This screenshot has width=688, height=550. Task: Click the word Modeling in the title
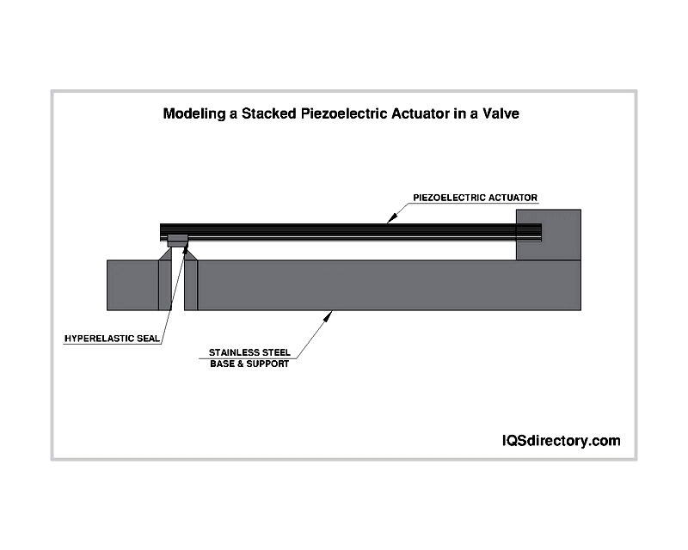click(x=193, y=114)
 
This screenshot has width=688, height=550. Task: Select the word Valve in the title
click(x=501, y=113)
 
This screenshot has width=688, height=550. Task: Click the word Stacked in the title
click(x=268, y=113)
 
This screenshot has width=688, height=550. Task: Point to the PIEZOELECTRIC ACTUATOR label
click(x=476, y=198)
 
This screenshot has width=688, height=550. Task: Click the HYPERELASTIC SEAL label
click(x=112, y=339)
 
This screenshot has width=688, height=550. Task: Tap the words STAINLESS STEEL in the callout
click(x=249, y=352)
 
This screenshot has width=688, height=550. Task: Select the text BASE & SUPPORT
click(x=249, y=364)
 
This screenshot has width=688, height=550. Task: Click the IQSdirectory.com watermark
click(x=562, y=440)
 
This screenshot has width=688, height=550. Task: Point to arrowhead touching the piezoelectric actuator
click(x=392, y=218)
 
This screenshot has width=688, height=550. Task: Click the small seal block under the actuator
click(x=178, y=241)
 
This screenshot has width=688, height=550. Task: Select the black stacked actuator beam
click(x=351, y=232)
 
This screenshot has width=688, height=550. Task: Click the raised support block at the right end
click(x=549, y=235)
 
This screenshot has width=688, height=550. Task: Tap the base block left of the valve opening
click(x=132, y=285)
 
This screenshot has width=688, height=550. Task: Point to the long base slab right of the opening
click(x=390, y=285)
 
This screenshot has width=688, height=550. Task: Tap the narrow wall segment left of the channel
click(x=165, y=285)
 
